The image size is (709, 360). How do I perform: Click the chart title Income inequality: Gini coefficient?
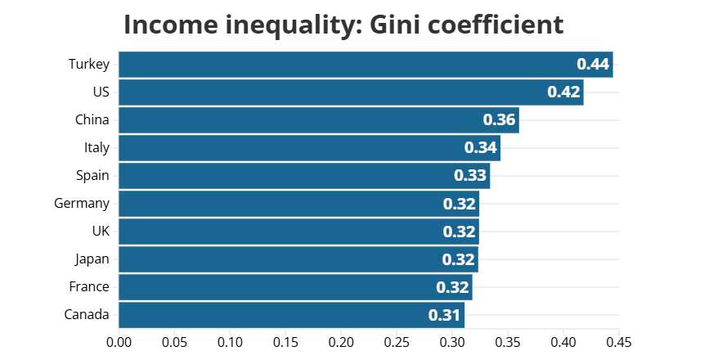(343, 25)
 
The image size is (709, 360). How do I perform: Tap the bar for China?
(319, 120)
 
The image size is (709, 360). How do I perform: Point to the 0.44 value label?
(594, 65)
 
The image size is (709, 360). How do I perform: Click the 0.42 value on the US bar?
(564, 92)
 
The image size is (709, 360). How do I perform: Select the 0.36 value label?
(500, 120)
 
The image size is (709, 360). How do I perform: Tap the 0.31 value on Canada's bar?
(445, 315)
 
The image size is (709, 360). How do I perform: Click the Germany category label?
(82, 204)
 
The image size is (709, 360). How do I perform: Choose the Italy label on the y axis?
(96, 148)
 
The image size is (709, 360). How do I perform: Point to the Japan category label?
(92, 259)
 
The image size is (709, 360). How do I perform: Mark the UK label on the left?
(101, 232)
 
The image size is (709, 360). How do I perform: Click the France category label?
(89, 287)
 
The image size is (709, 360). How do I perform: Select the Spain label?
(92, 176)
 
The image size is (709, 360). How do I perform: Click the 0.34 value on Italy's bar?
(481, 148)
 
